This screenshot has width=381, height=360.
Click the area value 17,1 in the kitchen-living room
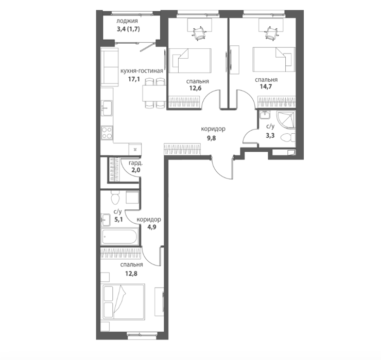point(134,79)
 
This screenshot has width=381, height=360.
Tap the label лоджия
point(127,21)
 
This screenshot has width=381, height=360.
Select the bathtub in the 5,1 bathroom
point(119,236)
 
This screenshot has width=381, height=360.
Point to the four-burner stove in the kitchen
point(107,133)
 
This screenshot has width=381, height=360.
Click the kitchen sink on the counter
point(107,109)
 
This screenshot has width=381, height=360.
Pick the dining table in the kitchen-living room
point(154,94)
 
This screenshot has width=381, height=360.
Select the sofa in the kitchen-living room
point(109,67)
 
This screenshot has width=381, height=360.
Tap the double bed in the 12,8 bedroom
point(124,301)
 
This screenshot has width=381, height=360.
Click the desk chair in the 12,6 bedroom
point(199,33)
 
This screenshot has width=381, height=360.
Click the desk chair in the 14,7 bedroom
point(270,33)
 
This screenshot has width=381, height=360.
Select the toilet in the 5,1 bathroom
point(115,197)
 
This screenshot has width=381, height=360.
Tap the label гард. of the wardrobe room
point(134,163)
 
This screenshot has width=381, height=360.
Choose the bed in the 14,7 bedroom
point(273,60)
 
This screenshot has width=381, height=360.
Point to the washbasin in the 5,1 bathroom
point(106,220)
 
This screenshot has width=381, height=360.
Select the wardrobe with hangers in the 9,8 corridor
point(183,149)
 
